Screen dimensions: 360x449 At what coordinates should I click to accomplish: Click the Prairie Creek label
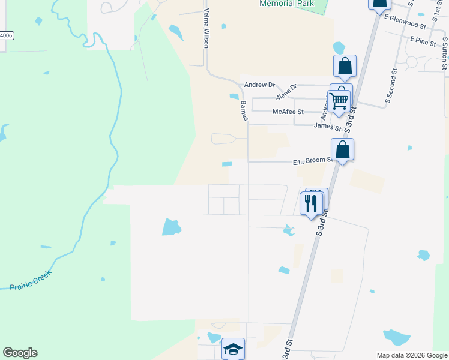click(31, 280)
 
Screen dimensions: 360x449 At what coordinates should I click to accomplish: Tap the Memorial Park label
click(286, 4)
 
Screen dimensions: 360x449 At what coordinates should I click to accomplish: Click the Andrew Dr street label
click(259, 85)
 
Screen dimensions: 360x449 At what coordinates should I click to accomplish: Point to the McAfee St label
click(288, 112)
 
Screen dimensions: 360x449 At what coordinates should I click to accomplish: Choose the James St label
click(327, 127)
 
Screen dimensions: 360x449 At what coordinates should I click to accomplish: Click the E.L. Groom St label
click(312, 161)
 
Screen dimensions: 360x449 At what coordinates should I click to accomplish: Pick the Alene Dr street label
click(286, 92)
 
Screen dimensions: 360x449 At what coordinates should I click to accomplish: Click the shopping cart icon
click(339, 101)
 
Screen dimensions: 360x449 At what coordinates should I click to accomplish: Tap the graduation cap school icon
click(233, 349)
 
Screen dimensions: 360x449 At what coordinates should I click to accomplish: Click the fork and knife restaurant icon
click(311, 203)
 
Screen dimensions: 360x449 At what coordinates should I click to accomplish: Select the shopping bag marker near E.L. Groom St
click(342, 149)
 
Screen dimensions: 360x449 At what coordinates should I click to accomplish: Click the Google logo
click(20, 353)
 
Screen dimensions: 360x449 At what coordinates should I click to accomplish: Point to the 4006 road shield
click(6, 35)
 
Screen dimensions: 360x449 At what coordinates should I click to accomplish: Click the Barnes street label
click(244, 111)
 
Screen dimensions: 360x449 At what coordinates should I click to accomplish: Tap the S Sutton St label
click(445, 54)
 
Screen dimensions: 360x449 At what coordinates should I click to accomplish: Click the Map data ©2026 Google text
click(411, 355)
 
